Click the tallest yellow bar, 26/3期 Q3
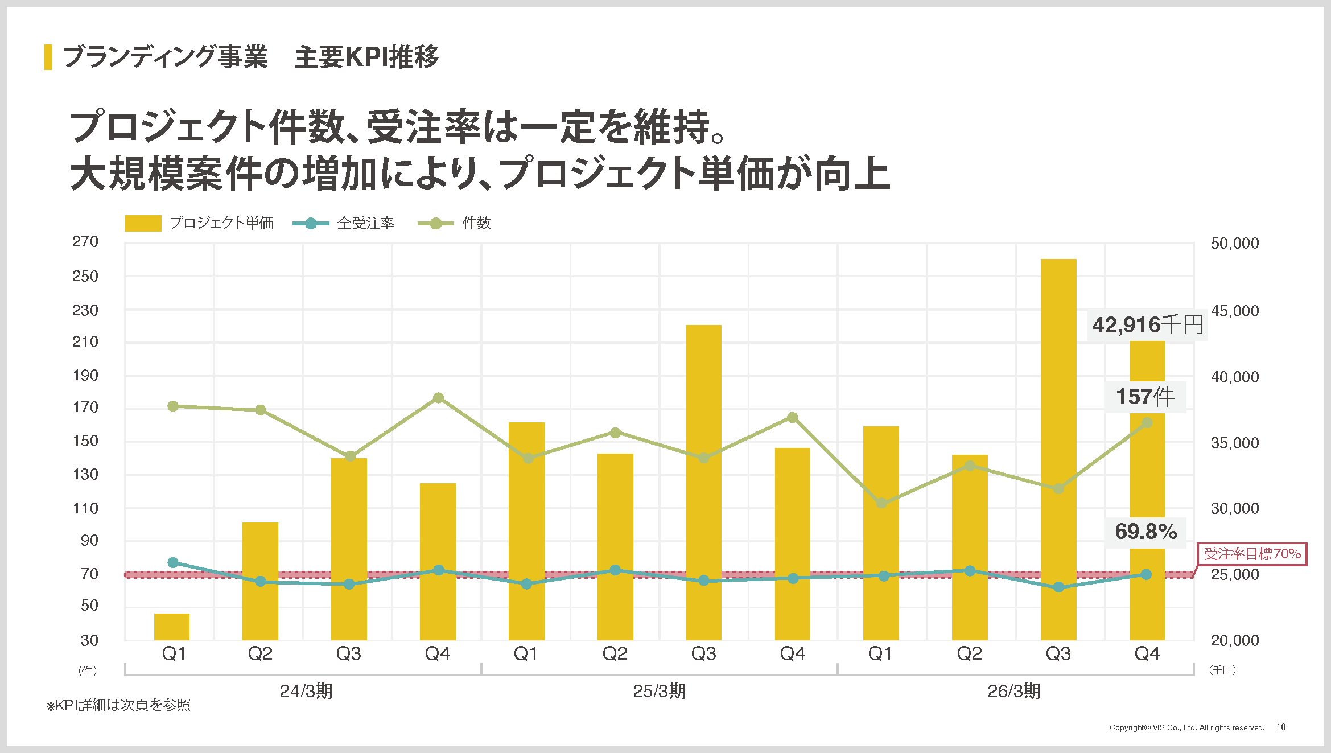[1058, 450]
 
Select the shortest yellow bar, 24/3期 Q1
[172, 627]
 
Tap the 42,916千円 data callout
[1147, 325]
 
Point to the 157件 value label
[1145, 397]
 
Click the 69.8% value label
[1145, 532]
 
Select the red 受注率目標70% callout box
[1252, 554]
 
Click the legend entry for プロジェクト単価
[199, 223]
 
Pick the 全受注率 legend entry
[343, 223]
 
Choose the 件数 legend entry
[454, 223]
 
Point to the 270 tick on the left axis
[85, 241]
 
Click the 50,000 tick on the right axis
[1235, 243]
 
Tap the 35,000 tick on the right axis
[1235, 443]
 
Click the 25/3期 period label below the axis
[660, 691]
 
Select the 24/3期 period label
[306, 691]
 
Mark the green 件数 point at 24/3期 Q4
[438, 398]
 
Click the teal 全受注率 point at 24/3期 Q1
[173, 563]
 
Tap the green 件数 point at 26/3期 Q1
[881, 503]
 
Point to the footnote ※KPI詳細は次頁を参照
[118, 705]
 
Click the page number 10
[1281, 727]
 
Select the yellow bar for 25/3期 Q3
[704, 483]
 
